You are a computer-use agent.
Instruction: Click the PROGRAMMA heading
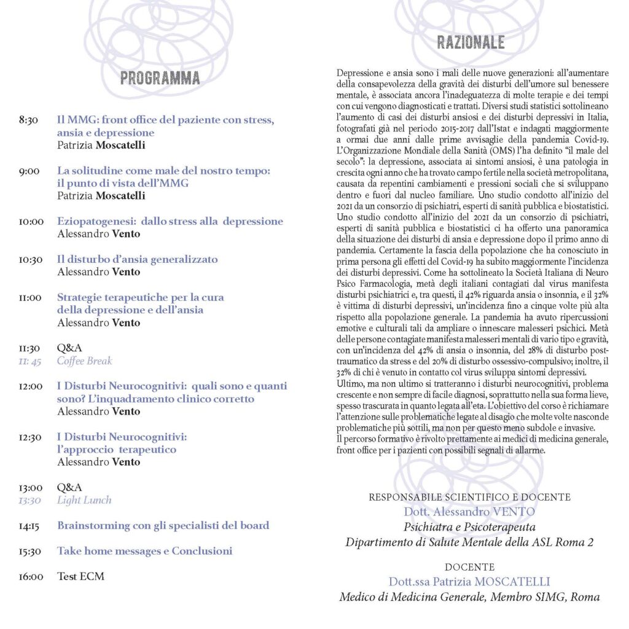point(160,78)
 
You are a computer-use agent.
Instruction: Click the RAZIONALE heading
point(471,42)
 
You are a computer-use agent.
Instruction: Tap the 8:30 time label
point(29,120)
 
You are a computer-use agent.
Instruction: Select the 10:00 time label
point(31,221)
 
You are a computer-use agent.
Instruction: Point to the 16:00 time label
point(31,576)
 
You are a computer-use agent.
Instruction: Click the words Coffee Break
point(85,361)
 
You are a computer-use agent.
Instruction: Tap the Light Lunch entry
point(84,500)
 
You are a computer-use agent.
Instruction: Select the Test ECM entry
point(80,576)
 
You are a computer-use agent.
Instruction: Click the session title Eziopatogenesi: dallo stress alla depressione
point(170,221)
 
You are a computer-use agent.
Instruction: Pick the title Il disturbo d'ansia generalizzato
point(137,259)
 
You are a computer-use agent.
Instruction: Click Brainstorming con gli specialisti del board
point(163,525)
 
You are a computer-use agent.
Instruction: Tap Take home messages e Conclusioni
point(144,551)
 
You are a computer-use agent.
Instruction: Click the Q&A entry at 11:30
point(69,348)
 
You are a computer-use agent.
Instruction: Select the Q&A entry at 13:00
point(69,487)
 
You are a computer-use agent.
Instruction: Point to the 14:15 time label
point(31,526)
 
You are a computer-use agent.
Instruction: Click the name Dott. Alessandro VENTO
point(469,511)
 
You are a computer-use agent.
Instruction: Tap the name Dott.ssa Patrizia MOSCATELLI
point(469,581)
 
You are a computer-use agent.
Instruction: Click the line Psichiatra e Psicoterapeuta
point(469,526)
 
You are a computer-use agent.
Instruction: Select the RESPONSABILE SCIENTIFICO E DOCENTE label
point(469,496)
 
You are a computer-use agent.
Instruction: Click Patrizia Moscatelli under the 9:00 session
point(101,196)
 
